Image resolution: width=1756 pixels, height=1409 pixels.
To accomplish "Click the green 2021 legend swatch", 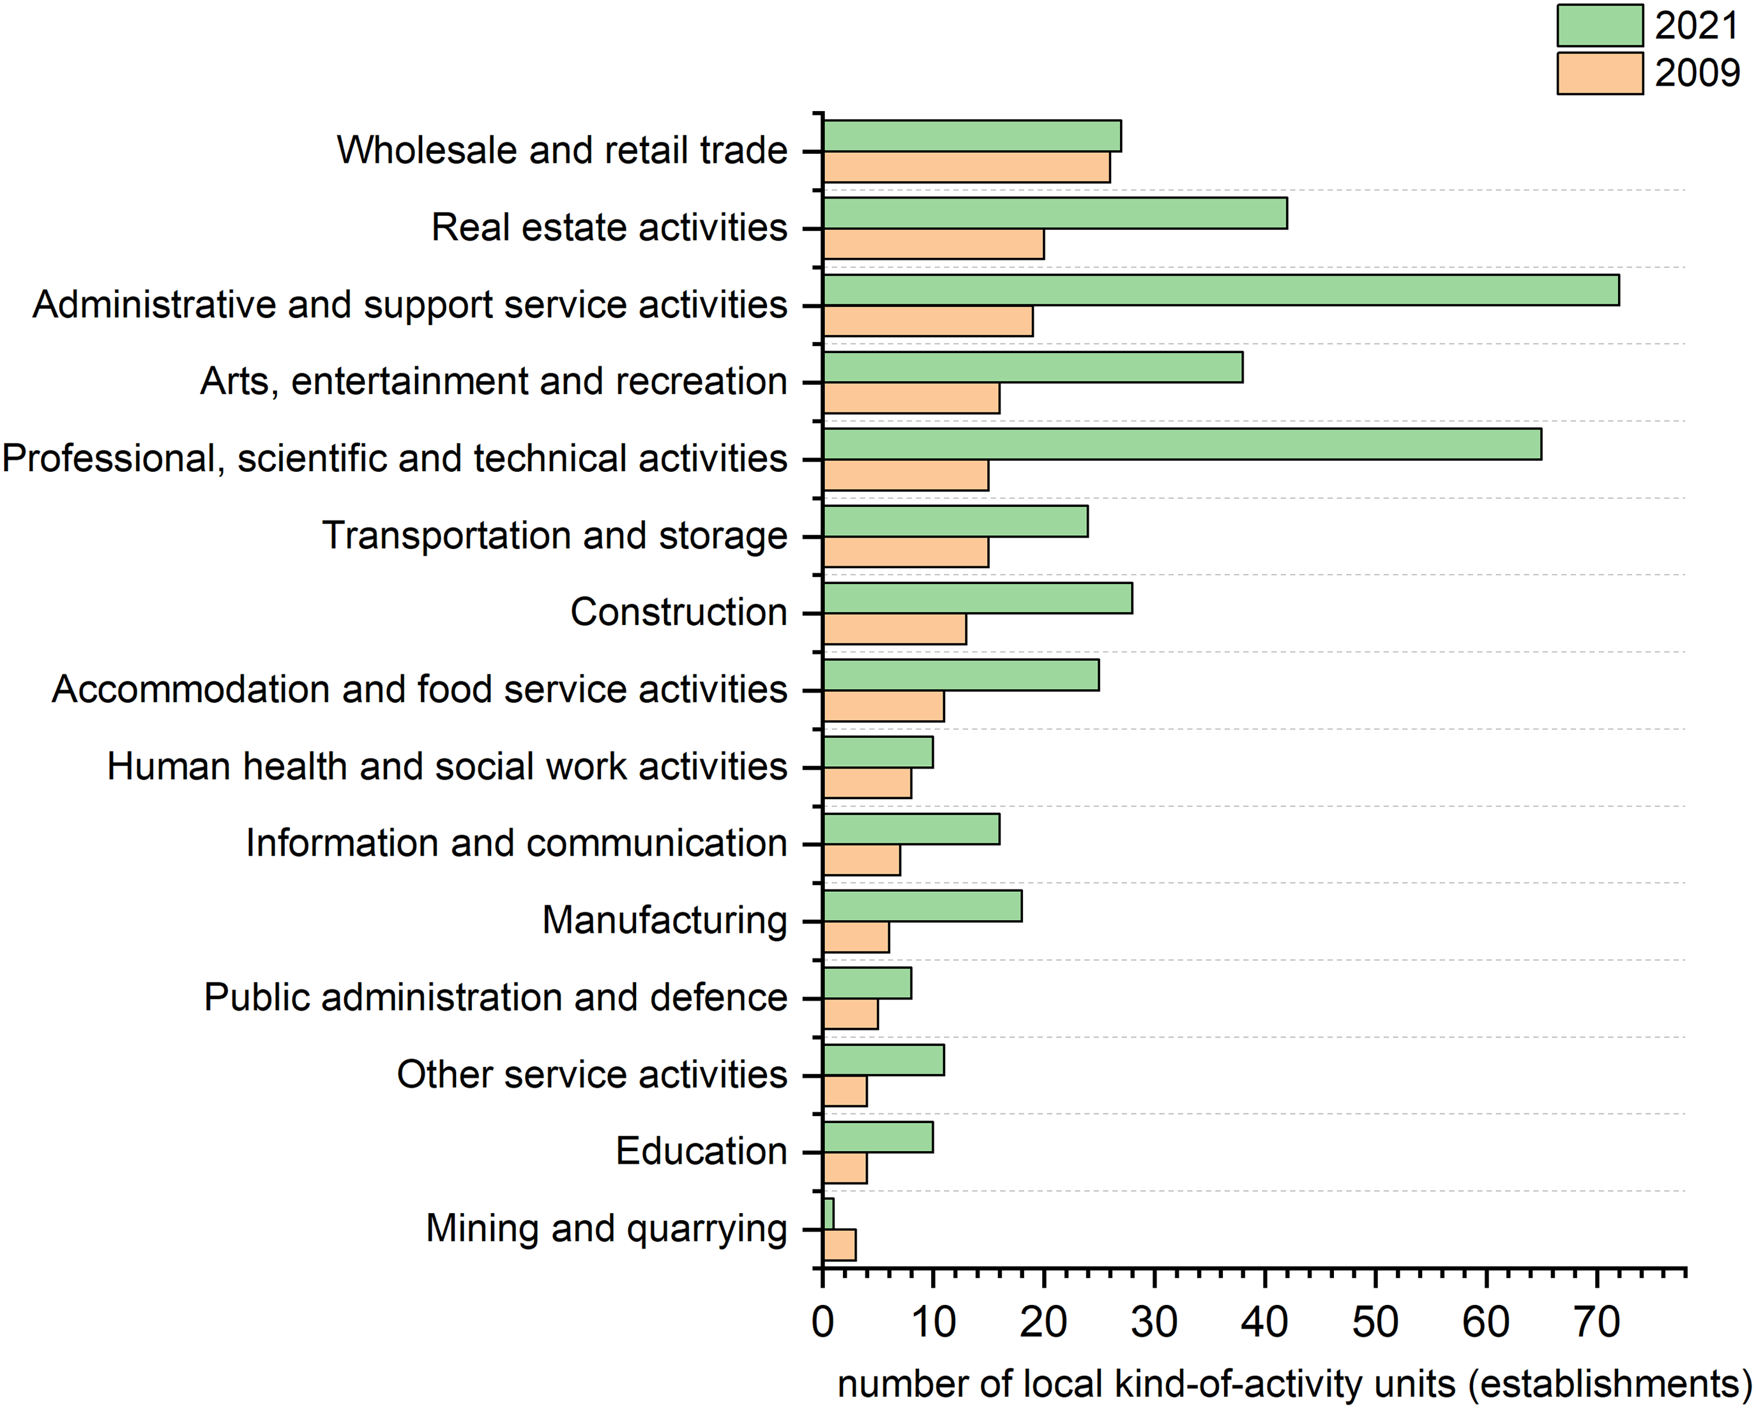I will [1600, 26].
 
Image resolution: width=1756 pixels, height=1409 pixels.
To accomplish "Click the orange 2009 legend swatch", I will [1600, 74].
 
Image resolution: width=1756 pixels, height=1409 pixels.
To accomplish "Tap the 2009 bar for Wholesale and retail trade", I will [966, 167].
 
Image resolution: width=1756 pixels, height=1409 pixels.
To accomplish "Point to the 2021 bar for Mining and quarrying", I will [828, 1214].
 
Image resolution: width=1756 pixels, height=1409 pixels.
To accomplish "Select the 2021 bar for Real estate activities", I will [1055, 213].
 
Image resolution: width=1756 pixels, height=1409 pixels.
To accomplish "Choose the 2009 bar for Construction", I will [895, 629].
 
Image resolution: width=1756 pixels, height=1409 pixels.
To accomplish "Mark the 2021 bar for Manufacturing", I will [922, 906].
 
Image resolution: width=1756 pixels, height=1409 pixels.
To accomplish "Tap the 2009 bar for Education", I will [845, 1168].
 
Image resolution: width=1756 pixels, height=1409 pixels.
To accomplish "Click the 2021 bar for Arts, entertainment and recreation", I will [1033, 367].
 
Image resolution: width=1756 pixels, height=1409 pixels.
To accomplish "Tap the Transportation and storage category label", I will [555, 536].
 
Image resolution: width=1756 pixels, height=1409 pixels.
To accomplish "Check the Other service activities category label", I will [591, 1074].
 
